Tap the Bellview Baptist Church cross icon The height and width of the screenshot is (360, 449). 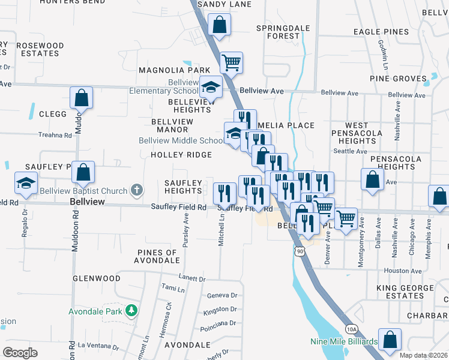click(137, 191)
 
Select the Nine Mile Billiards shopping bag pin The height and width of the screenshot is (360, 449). click(390, 339)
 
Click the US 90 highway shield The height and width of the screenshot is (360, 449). click(299, 251)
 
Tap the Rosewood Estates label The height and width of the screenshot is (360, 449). click(40, 49)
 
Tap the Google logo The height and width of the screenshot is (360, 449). click(20, 353)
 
